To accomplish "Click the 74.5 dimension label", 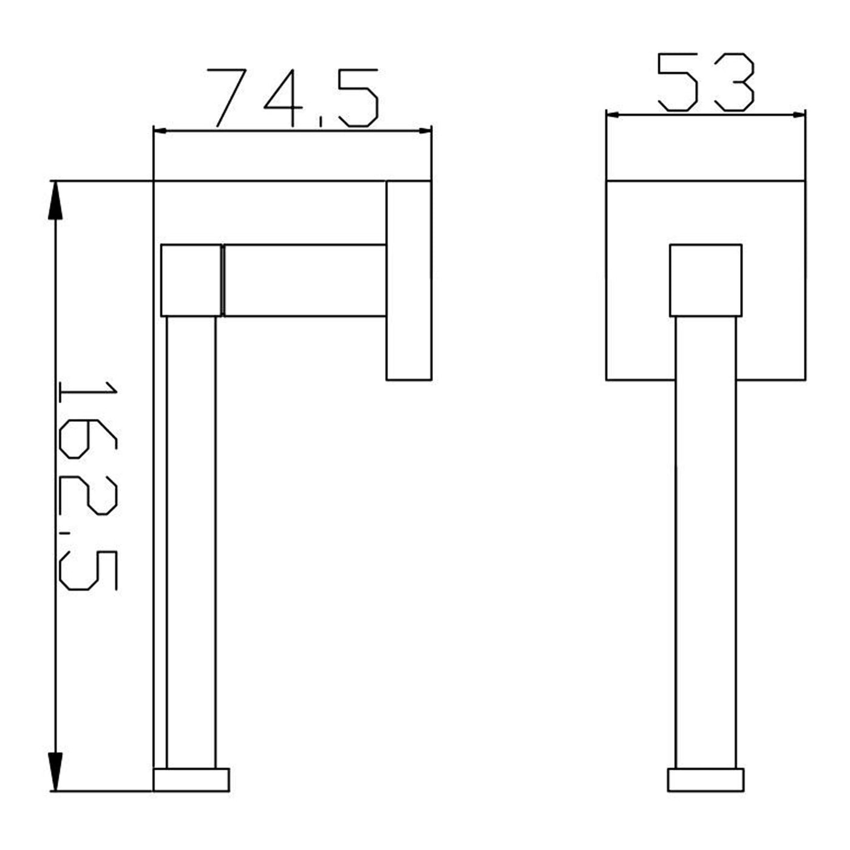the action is click(x=292, y=98).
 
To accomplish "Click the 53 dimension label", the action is click(x=705, y=82).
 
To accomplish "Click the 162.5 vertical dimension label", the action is click(x=88, y=486).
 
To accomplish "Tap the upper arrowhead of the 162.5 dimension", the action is click(x=55, y=201).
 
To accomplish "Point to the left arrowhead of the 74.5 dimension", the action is click(x=160, y=131).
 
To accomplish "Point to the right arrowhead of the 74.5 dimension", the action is click(x=425, y=131).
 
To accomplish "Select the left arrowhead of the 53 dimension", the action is click(x=614, y=115).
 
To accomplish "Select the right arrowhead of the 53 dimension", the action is click(x=798, y=115).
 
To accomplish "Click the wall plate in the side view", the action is click(x=409, y=280).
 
